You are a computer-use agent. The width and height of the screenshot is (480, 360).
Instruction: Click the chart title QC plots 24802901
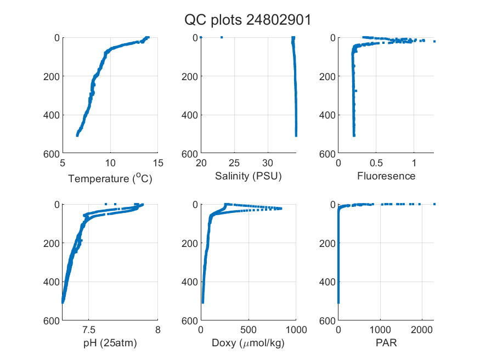pyautogui.click(x=247, y=20)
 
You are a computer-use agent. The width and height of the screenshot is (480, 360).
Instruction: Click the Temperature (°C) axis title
pyautogui.click(x=110, y=178)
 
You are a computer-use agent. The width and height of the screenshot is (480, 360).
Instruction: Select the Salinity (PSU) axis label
pyautogui.click(x=249, y=176)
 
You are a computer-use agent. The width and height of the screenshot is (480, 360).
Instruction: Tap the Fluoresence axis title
pyautogui.click(x=386, y=176)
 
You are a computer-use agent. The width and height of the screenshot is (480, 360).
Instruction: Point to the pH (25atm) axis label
pyautogui.click(x=110, y=343)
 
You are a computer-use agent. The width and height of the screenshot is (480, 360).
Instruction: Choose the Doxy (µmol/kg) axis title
pyautogui.click(x=248, y=343)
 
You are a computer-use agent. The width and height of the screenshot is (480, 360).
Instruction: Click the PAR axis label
pyautogui.click(x=386, y=342)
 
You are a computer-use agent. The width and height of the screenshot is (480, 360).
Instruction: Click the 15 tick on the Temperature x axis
pyautogui.click(x=158, y=163)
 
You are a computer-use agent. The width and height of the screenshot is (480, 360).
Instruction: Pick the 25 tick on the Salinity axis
pyautogui.click(x=234, y=163)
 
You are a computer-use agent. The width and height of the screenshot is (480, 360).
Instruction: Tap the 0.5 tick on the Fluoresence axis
pyautogui.click(x=376, y=163)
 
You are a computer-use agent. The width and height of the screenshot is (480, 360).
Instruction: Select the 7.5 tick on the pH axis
pyautogui.click(x=89, y=330)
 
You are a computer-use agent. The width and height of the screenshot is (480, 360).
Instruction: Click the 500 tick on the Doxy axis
pyautogui.click(x=249, y=330)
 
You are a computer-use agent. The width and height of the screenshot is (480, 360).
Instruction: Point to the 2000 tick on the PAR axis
pyautogui.click(x=422, y=330)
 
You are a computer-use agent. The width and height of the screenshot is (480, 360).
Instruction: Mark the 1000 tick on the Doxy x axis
pyautogui.click(x=296, y=330)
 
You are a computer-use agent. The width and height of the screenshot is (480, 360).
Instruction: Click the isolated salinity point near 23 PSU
pyautogui.click(x=222, y=37)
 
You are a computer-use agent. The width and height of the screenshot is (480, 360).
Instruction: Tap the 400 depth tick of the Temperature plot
pyautogui.click(x=52, y=115)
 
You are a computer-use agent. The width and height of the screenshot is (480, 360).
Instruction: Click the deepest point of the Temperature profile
pyautogui.click(x=77, y=136)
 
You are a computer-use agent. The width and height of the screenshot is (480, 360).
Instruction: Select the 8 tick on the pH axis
pyautogui.click(x=158, y=330)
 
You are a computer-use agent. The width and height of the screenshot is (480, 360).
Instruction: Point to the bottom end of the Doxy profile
pyautogui.click(x=202, y=302)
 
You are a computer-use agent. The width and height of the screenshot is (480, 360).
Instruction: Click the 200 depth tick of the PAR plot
pyautogui.click(x=327, y=243)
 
